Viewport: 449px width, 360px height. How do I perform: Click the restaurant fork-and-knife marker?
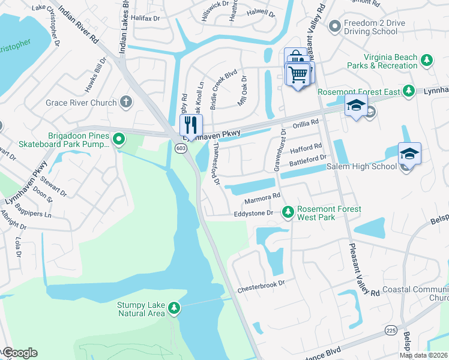(190, 125)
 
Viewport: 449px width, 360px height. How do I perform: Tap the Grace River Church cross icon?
(126, 102)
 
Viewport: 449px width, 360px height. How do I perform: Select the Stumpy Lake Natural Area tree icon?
(174, 308)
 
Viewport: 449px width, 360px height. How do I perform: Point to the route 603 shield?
(180, 148)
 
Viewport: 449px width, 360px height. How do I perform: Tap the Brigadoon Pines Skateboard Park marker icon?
(119, 140)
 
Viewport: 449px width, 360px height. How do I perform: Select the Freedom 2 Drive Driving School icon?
(334, 26)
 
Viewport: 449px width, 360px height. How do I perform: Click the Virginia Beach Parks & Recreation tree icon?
(426, 61)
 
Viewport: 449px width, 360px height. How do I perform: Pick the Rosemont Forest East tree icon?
(408, 91)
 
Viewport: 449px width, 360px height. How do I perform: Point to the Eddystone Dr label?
(253, 213)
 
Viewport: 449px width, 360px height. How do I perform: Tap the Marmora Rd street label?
(262, 197)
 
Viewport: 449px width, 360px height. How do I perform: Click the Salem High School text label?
(367, 166)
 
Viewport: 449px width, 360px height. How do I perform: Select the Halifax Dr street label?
(147, 19)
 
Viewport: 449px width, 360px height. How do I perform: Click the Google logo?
(20, 353)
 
